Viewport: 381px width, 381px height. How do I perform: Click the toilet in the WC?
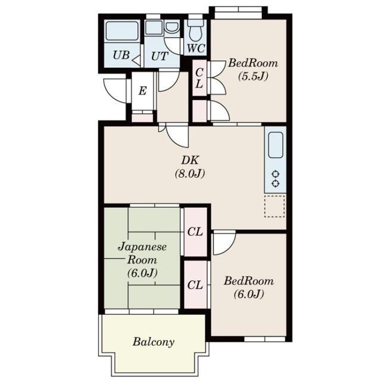(195, 30)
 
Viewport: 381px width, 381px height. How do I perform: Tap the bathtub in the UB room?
(122, 30)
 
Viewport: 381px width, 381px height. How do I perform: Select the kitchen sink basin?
(276, 145)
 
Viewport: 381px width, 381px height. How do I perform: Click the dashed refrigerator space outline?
(274, 206)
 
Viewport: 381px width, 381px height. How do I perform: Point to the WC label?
(196, 48)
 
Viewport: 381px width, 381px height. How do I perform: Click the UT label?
(160, 57)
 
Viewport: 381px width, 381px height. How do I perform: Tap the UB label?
(121, 55)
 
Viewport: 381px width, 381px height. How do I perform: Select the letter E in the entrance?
(142, 91)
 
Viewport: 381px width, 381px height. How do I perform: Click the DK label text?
(190, 160)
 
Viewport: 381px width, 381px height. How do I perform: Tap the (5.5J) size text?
(253, 76)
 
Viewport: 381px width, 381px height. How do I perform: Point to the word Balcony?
(154, 342)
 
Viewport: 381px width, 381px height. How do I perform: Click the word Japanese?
(142, 248)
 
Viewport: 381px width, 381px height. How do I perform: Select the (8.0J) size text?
(190, 174)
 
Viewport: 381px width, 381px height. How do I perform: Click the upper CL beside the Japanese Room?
(195, 232)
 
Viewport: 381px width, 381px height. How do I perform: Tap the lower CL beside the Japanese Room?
(195, 285)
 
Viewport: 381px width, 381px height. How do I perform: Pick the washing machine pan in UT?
(154, 28)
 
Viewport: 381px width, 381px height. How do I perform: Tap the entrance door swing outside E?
(115, 90)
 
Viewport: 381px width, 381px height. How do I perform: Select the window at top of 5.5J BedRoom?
(238, 10)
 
